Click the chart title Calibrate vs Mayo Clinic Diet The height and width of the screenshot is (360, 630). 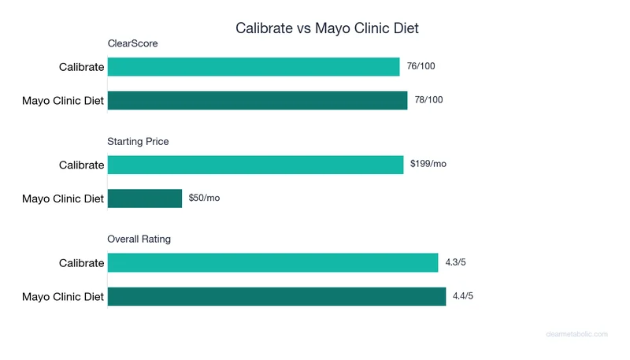327,28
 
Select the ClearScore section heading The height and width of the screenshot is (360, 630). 132,43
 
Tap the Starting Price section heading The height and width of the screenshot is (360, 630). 138,142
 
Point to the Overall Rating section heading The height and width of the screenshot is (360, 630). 139,239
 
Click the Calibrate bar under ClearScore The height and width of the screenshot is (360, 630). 254,67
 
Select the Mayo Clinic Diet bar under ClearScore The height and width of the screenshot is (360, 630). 258,100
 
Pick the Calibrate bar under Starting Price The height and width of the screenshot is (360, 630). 255,165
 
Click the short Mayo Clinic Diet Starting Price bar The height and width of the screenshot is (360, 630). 145,198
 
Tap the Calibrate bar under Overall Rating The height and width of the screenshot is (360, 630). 272,262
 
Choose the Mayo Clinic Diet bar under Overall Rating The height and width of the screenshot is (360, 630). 276,296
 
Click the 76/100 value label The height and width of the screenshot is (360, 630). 421,66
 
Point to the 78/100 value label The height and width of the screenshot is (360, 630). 428,100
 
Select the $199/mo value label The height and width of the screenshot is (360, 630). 428,164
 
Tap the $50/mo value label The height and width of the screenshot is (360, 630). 204,198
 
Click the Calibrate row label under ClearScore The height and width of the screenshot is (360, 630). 81,67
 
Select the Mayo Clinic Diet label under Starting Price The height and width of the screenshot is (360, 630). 63,199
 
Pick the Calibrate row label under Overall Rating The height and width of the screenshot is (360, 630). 81,263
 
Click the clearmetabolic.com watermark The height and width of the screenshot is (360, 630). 576,334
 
